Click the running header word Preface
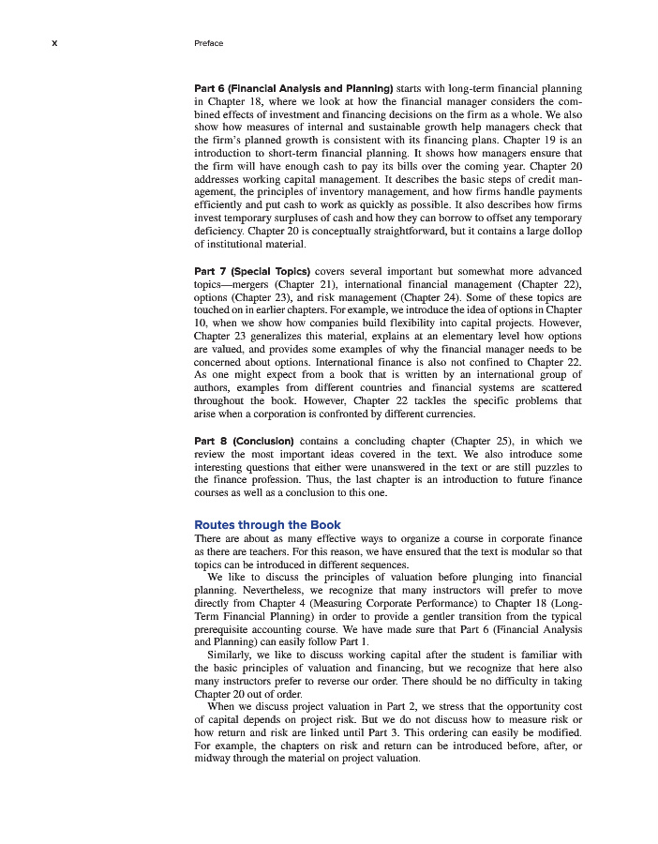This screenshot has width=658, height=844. point(208,43)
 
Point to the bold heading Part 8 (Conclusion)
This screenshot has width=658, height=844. point(244,440)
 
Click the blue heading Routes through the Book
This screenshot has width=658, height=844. point(267,524)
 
